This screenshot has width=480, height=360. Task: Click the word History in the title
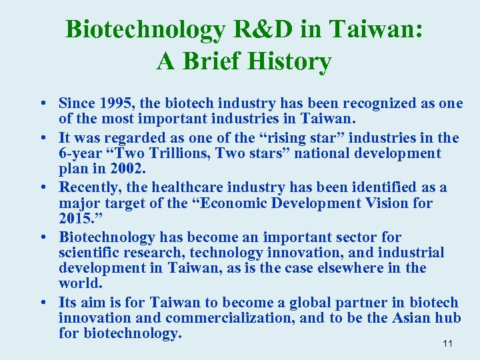[289, 62]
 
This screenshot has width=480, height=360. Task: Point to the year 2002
[127, 169]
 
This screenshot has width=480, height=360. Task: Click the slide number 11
[447, 343]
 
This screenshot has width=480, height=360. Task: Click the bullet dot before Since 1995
[42, 104]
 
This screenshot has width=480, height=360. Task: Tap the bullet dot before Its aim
[42, 302]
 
